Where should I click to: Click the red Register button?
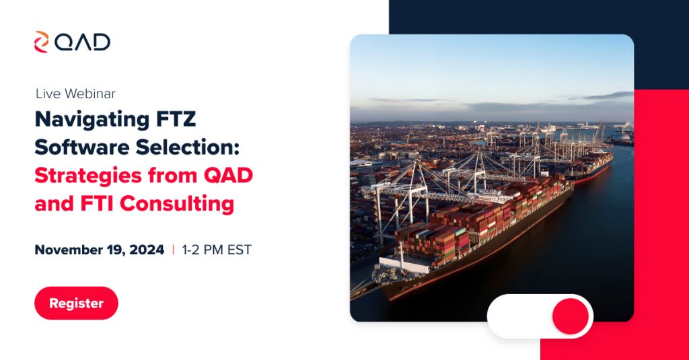pos(76,303)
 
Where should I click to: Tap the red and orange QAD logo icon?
pos(41,42)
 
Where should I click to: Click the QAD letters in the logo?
pos(82,42)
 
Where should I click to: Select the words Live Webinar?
pos(75,94)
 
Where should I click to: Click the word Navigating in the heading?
pos(92,120)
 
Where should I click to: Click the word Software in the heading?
pos(81,147)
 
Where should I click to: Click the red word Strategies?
pos(88,176)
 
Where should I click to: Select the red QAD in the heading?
pos(228,176)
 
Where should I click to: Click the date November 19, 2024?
pos(100,250)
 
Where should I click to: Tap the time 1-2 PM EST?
pos(217,250)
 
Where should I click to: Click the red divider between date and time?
pos(173,250)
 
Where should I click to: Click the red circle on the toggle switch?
pos(571,316)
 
